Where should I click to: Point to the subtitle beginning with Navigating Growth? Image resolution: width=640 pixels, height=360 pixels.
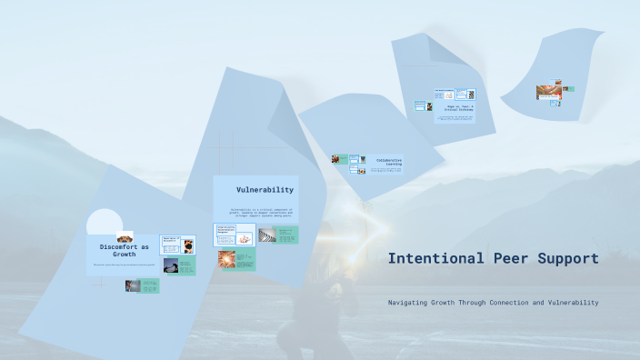[493, 302]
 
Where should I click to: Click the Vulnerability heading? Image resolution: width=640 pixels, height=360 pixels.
[265, 190]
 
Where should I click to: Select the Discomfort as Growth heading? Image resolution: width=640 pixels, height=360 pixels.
[124, 250]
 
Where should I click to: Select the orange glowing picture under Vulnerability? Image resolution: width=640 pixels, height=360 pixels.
[226, 260]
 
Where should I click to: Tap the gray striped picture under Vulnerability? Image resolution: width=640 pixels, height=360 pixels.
[265, 235]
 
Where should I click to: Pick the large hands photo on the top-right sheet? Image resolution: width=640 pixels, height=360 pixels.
[548, 92]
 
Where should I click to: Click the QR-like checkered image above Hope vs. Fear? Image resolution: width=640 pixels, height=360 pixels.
[472, 94]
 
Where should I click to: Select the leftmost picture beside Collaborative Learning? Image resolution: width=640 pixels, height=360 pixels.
[336, 159]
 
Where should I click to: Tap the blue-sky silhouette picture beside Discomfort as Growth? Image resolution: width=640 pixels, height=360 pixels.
[171, 265]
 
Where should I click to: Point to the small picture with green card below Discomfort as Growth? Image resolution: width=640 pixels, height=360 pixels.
[132, 285]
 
